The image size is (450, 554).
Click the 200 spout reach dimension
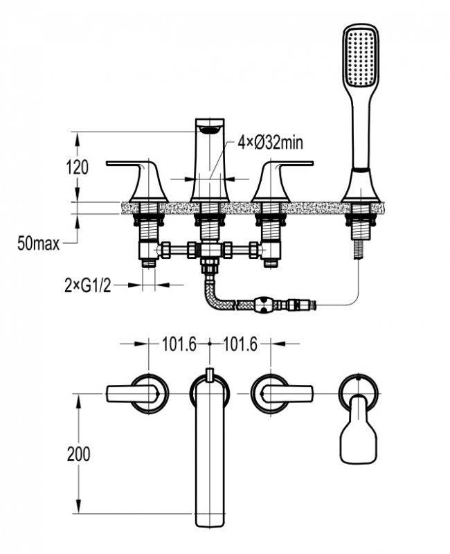tap(78, 454)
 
